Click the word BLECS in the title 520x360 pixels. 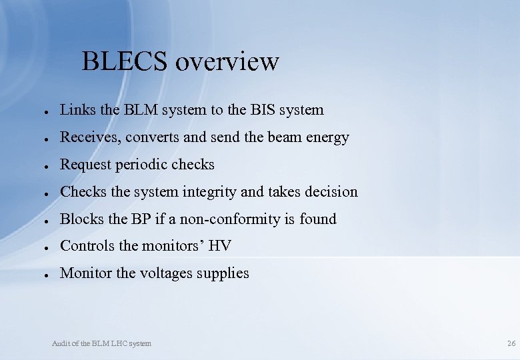pos(125,61)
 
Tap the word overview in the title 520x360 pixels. pos(227,61)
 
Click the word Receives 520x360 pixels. pos(86,137)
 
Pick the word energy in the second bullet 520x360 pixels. pos(327,138)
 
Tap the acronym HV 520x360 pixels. pos(219,246)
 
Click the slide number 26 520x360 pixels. pos(511,343)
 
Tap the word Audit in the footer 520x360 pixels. pos(61,343)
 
